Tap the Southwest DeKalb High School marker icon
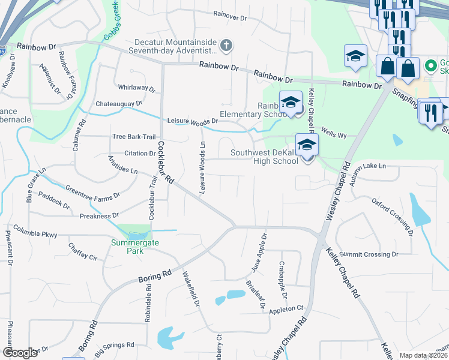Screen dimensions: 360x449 pos(307,145)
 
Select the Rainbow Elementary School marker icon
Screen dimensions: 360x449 pos(290,102)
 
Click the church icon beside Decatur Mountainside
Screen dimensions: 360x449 pos(226,45)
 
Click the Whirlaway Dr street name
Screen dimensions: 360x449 pos(137,88)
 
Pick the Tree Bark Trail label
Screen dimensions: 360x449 pos(134,137)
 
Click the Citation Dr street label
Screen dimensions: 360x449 pos(140,154)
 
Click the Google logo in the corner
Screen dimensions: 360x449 pos(20,353)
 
